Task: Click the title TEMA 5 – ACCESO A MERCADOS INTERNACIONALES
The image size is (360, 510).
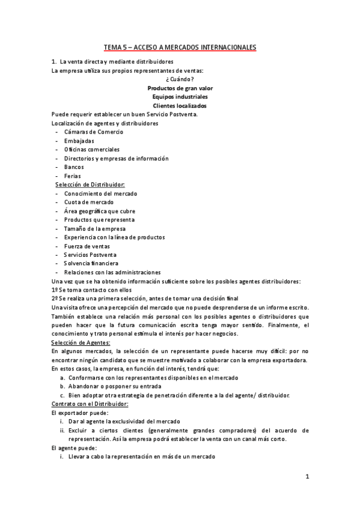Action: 180,46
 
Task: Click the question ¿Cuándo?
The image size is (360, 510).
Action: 180,79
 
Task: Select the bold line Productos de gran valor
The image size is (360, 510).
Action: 180,88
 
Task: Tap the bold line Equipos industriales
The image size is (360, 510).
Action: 180,96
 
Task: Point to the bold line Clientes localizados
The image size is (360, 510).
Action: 180,105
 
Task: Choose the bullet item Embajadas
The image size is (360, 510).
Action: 79,141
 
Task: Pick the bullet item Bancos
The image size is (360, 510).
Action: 74,167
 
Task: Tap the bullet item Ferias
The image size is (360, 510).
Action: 73,176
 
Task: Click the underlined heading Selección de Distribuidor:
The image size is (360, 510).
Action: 90,185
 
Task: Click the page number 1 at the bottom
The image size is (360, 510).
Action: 307,477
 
